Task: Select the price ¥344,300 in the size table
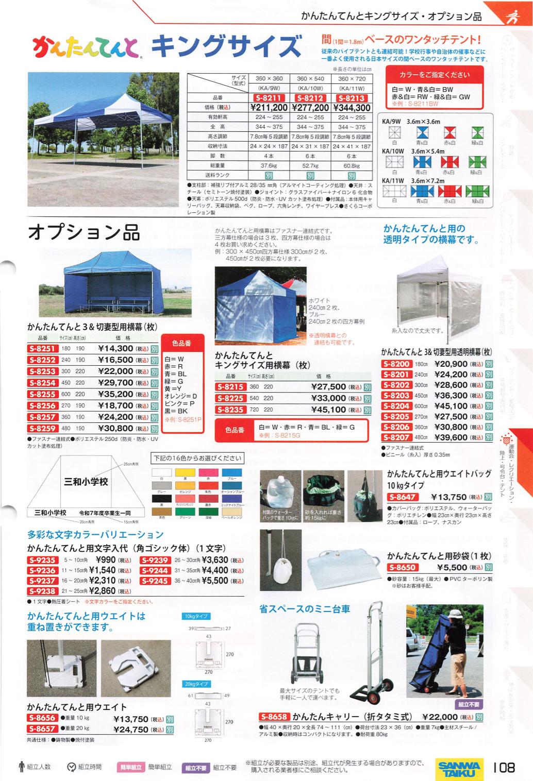click(x=352, y=108)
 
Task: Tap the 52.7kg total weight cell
click(x=310, y=166)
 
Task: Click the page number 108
click(x=504, y=768)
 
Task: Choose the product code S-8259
click(x=42, y=429)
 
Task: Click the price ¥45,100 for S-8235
click(x=328, y=410)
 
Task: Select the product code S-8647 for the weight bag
click(x=403, y=497)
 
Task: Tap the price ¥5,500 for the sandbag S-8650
click(x=452, y=567)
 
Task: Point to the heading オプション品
click(x=84, y=232)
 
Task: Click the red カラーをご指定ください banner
click(x=434, y=75)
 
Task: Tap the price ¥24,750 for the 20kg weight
click(x=131, y=729)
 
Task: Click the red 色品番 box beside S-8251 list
click(x=181, y=343)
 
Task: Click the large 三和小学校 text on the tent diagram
click(x=86, y=482)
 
